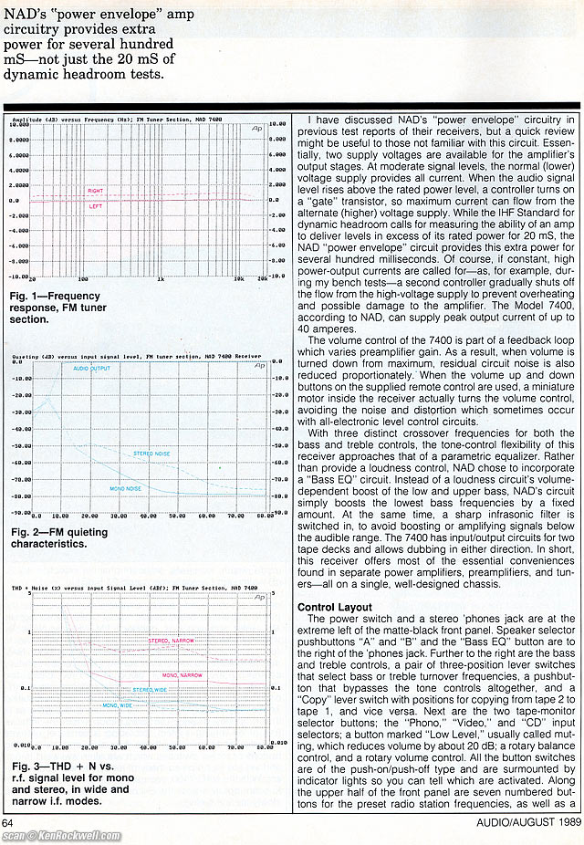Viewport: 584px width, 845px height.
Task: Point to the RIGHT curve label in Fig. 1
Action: (95, 191)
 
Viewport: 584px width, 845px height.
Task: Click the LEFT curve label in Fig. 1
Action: (94, 206)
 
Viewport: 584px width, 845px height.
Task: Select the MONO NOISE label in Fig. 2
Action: (124, 488)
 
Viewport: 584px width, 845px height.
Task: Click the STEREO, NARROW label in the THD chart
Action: (169, 642)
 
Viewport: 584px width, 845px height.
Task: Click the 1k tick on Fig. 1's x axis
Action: (162, 279)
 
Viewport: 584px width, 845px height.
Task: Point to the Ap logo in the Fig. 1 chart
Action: (258, 130)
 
